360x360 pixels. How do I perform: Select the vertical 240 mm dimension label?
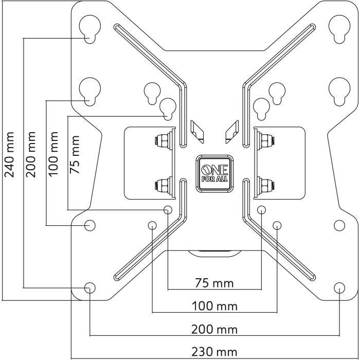(x=10, y=154)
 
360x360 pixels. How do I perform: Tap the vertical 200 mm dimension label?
(x=31, y=154)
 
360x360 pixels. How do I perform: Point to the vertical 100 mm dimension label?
(x=53, y=154)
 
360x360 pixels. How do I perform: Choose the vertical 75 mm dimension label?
(x=75, y=155)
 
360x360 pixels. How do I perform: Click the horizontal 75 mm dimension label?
(x=214, y=283)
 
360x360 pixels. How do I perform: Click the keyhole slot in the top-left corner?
(x=90, y=28)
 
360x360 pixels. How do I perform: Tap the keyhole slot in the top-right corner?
(x=339, y=28)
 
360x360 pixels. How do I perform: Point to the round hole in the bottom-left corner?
(x=89, y=288)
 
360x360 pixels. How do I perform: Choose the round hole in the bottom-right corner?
(x=339, y=288)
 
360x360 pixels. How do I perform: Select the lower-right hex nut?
(x=266, y=184)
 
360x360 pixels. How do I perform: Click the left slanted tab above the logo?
(x=197, y=130)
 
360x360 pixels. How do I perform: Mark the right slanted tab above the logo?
(x=230, y=130)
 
